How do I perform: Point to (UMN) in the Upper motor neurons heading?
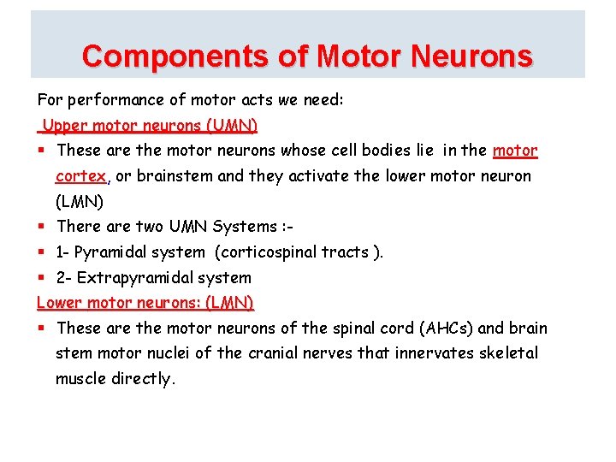tap(231, 126)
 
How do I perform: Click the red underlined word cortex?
tap(80, 176)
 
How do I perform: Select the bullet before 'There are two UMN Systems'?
tap(41, 227)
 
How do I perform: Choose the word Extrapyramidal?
tap(135, 278)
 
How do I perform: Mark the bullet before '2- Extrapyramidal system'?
tap(41, 277)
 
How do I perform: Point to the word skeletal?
tap(508, 353)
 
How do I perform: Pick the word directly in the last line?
tap(143, 379)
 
